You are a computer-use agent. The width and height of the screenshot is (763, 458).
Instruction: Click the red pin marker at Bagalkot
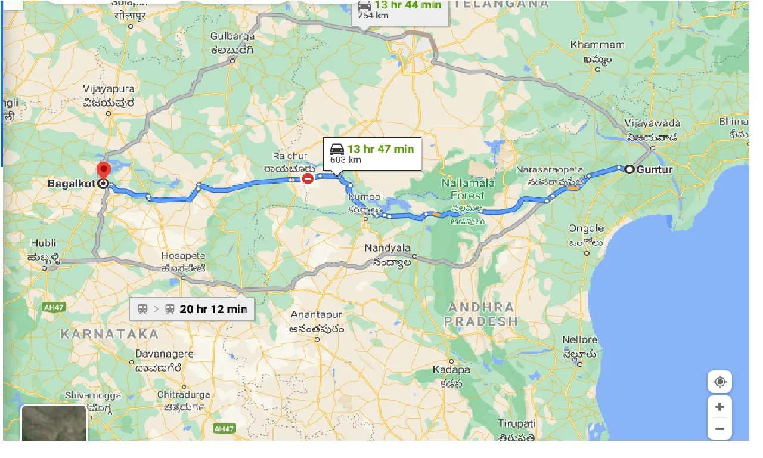104,171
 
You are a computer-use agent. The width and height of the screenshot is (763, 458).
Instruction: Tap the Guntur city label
654,169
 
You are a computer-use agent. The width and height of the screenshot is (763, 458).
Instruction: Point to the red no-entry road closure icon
308,178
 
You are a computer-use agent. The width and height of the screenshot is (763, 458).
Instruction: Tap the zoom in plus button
719,407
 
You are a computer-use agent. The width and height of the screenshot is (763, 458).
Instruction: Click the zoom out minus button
719,428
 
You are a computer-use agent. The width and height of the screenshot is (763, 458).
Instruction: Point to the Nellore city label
579,340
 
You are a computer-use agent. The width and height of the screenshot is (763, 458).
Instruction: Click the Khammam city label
597,45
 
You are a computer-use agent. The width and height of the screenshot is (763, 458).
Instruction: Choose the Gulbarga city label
232,37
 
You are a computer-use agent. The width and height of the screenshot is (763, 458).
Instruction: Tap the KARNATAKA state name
110,334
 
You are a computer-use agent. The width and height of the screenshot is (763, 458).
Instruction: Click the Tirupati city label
517,423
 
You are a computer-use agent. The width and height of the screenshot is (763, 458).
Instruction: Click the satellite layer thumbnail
54,423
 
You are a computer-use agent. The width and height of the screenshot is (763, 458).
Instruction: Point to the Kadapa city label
451,370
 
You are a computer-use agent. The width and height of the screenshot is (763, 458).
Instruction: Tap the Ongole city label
586,228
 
